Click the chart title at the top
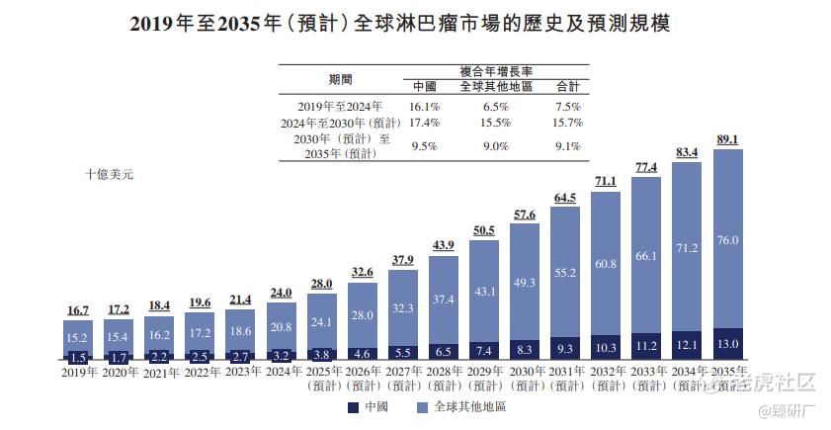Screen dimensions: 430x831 [414, 22]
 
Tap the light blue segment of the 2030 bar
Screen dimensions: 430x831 [525, 282]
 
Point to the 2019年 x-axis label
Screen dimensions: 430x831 [78, 373]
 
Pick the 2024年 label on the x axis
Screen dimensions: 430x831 [281, 373]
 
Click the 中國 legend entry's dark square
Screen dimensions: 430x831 [353, 406]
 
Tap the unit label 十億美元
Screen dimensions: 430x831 [109, 174]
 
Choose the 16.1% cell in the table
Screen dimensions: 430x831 [424, 105]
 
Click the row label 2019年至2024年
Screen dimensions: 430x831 [339, 105]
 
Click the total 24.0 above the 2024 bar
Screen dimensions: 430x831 [281, 293]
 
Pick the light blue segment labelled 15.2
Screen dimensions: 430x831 [78, 336]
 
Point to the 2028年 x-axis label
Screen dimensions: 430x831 [443, 373]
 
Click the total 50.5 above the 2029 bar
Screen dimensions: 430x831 [484, 231]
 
